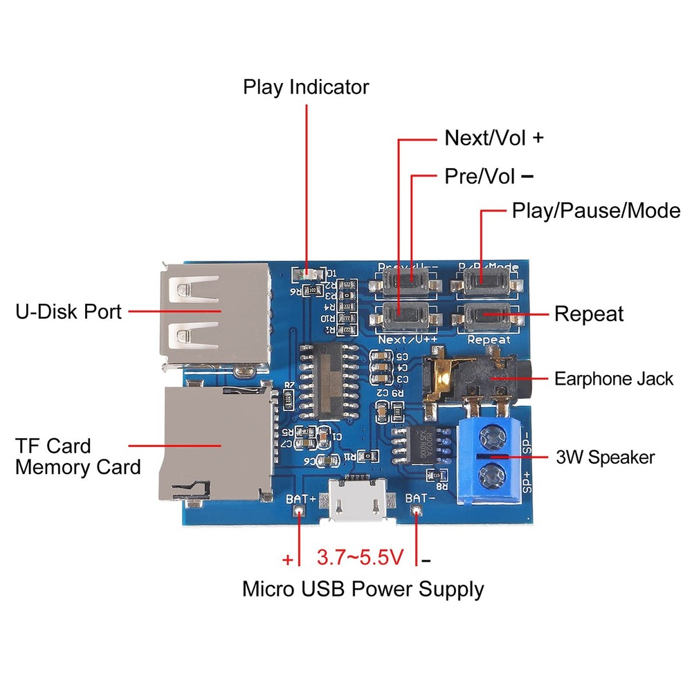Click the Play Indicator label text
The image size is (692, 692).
point(306,88)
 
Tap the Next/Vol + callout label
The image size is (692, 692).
point(493,138)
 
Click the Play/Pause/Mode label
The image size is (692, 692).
point(596,210)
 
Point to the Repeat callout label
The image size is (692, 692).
point(588,314)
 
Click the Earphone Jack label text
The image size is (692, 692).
point(613,379)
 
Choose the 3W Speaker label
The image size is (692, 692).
point(605,457)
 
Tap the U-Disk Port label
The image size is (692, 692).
point(69,312)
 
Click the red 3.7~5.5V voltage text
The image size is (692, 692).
point(358,557)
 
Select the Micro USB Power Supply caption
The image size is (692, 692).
point(363,590)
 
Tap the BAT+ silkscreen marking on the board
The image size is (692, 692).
point(300,498)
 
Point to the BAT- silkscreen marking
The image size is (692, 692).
point(419,498)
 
